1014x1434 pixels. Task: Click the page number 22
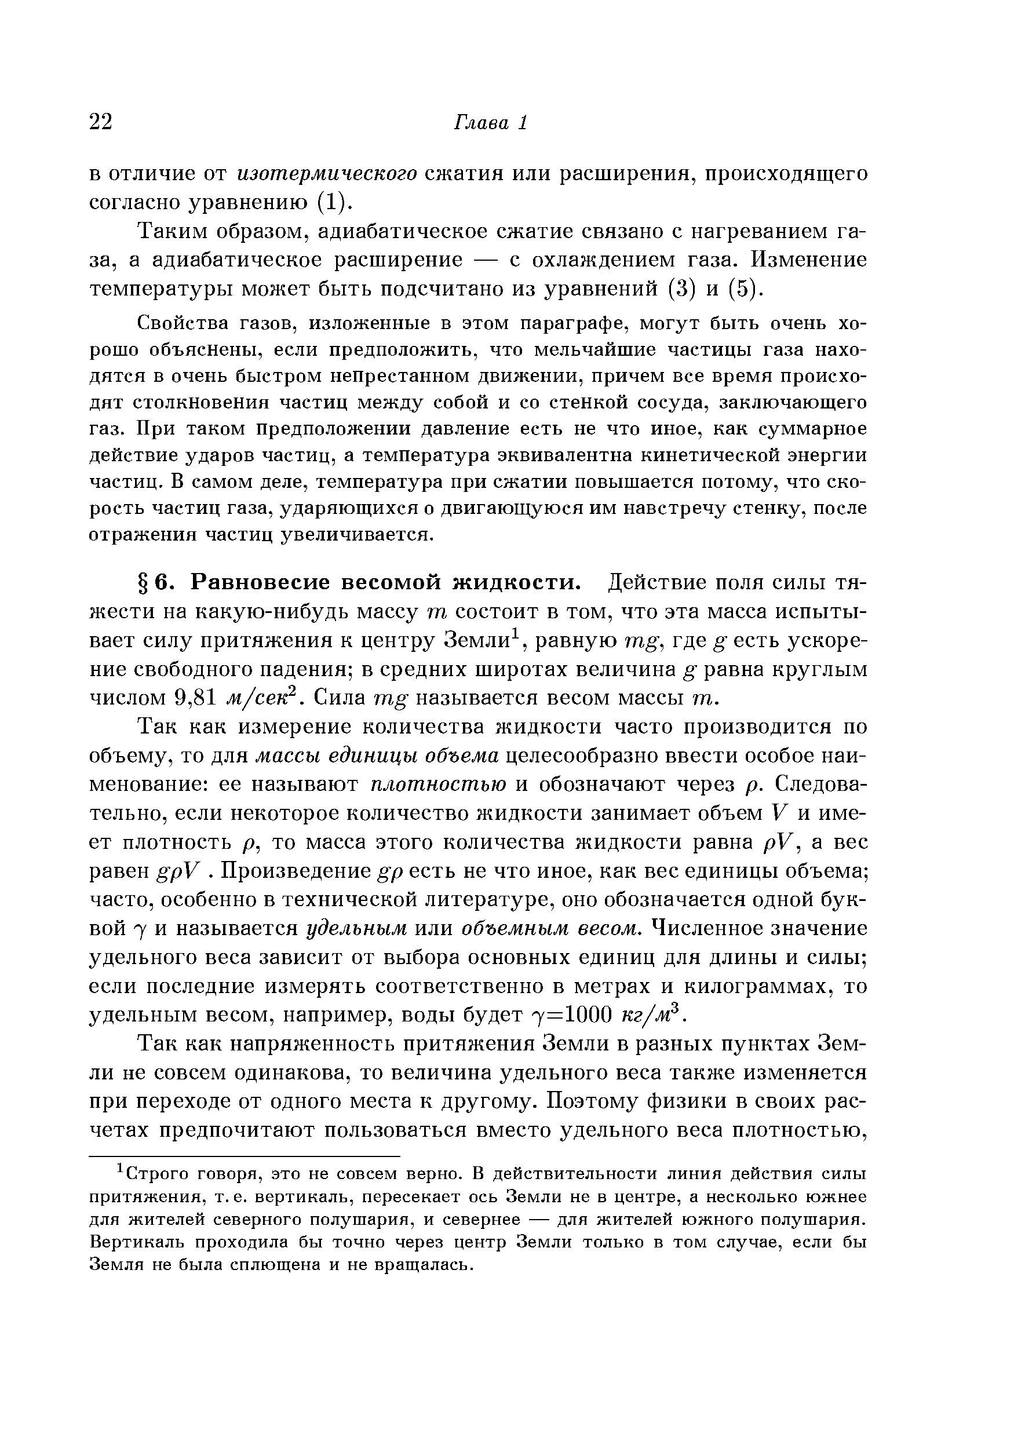(101, 122)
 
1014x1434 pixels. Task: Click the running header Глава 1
(490, 122)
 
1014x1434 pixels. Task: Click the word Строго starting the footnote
(151, 1175)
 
